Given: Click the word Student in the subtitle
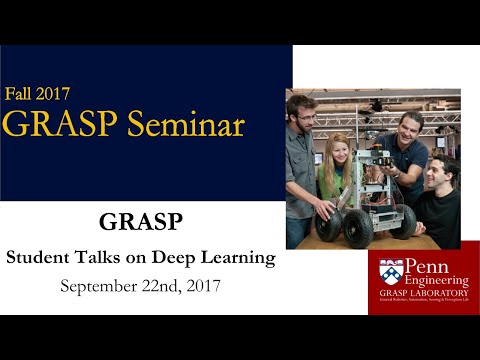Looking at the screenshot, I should (37, 258).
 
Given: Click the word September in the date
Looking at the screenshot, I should (99, 286).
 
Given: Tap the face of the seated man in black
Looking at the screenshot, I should (434, 176).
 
